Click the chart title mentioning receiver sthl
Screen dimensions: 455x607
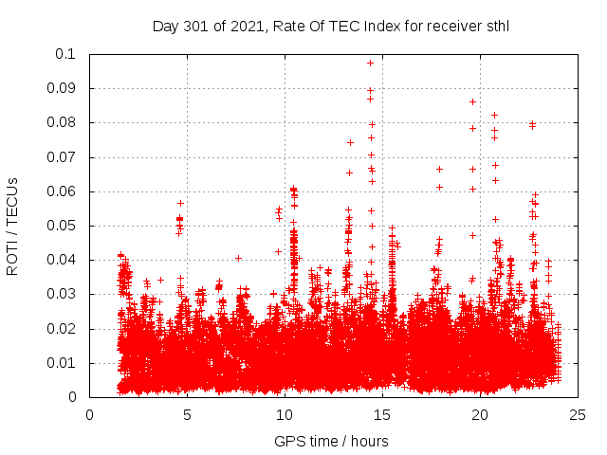pyautogui.click(x=331, y=26)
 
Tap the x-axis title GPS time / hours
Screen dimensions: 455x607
pyautogui.click(x=331, y=441)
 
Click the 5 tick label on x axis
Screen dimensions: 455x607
pyautogui.click(x=187, y=414)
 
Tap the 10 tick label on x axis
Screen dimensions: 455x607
pyautogui.click(x=285, y=414)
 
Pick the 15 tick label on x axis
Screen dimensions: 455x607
pyautogui.click(x=382, y=414)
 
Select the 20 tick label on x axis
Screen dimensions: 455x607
pyautogui.click(x=480, y=414)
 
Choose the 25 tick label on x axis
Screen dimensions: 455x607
pyautogui.click(x=578, y=414)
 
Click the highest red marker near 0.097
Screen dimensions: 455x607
pyautogui.click(x=370, y=63)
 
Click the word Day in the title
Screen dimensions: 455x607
pyautogui.click(x=165, y=27)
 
